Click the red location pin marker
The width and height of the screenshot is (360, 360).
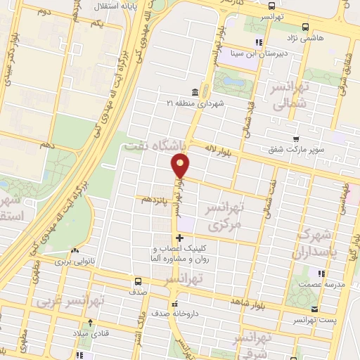(x=181, y=166)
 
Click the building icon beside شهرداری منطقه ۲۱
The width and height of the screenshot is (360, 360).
(x=194, y=92)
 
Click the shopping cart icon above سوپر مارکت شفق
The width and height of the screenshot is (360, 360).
(x=297, y=139)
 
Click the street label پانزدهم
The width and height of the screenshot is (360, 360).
(x=156, y=200)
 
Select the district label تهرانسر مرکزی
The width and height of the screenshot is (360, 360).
(x=224, y=217)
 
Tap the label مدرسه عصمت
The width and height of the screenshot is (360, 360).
(x=323, y=284)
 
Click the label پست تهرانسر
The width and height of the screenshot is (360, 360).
(x=314, y=320)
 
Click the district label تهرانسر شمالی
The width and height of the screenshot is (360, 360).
(x=281, y=97)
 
